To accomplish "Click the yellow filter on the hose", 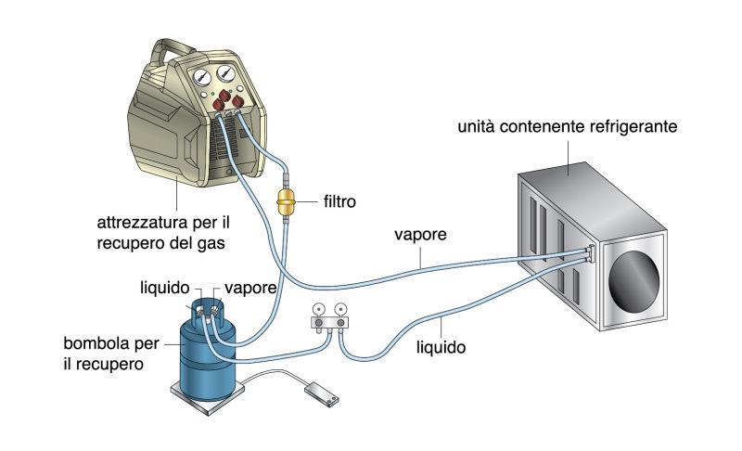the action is click(286, 201).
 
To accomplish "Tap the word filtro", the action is click(339, 202).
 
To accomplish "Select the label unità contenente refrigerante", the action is click(568, 127).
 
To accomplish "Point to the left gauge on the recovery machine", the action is click(201, 77).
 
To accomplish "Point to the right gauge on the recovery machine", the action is click(226, 73).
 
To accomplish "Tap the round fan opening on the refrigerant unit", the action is click(633, 281).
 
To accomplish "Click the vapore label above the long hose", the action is click(420, 235).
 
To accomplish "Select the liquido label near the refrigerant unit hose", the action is click(441, 348).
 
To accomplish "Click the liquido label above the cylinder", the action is click(165, 288).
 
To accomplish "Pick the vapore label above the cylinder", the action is click(250, 289).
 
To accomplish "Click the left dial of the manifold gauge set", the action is click(318, 310).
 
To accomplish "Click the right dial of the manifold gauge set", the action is click(339, 310).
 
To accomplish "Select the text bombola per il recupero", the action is click(111, 354).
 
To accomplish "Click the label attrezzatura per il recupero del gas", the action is click(163, 232).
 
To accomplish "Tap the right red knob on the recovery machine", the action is click(237, 101).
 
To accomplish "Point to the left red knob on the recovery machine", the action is click(218, 104).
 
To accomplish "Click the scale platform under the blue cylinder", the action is click(207, 396).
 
